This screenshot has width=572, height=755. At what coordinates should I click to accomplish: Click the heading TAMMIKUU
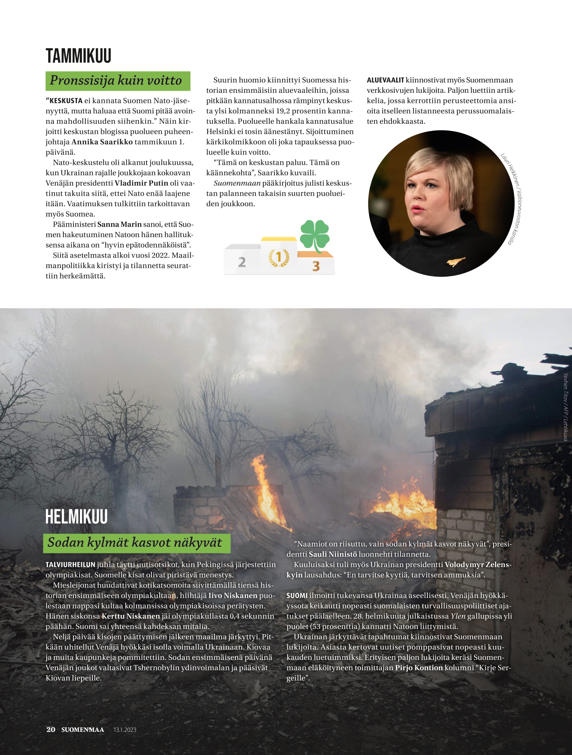point(78,56)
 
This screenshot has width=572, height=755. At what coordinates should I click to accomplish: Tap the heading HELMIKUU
point(77,517)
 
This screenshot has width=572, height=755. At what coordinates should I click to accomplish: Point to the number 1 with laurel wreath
point(279,257)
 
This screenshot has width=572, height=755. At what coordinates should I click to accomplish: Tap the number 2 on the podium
point(242,262)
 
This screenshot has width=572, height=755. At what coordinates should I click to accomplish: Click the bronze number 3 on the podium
point(316,266)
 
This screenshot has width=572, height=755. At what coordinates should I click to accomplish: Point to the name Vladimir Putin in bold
point(141,183)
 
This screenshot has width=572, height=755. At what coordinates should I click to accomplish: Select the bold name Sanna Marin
point(119,224)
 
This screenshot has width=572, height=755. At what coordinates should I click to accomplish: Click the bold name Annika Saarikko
point(102,142)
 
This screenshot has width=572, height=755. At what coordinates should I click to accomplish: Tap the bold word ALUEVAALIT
point(385,80)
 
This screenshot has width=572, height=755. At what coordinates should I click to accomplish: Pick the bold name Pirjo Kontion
point(419,668)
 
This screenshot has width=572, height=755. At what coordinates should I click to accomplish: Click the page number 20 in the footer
point(51,729)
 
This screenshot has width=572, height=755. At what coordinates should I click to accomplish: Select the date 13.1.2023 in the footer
point(125,730)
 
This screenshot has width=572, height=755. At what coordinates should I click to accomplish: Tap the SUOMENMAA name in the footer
point(83,730)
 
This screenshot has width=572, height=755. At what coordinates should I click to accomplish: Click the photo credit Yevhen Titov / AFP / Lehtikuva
point(565,406)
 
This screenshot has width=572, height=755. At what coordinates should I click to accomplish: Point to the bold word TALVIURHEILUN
point(70,565)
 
